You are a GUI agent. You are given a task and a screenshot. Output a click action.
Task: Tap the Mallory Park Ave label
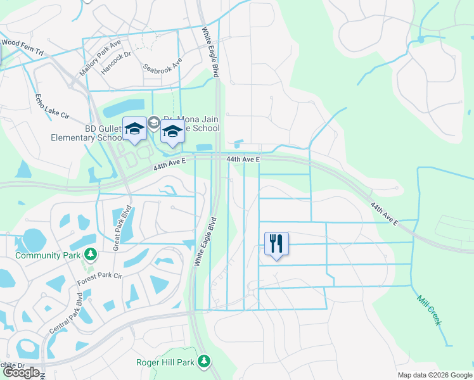[x=99, y=58]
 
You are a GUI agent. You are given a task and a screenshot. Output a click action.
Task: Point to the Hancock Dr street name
[x=115, y=62]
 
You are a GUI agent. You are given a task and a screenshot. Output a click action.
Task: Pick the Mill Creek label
[x=429, y=310]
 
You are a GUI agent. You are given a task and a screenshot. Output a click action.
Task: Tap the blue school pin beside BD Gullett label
[x=134, y=130]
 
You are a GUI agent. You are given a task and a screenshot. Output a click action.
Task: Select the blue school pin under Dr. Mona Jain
[x=172, y=132]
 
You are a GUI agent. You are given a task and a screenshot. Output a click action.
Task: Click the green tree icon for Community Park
[x=91, y=255]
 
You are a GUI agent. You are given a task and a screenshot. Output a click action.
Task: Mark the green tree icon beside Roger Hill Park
[x=203, y=362]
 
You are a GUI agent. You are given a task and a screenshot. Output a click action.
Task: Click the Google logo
[x=21, y=372]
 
